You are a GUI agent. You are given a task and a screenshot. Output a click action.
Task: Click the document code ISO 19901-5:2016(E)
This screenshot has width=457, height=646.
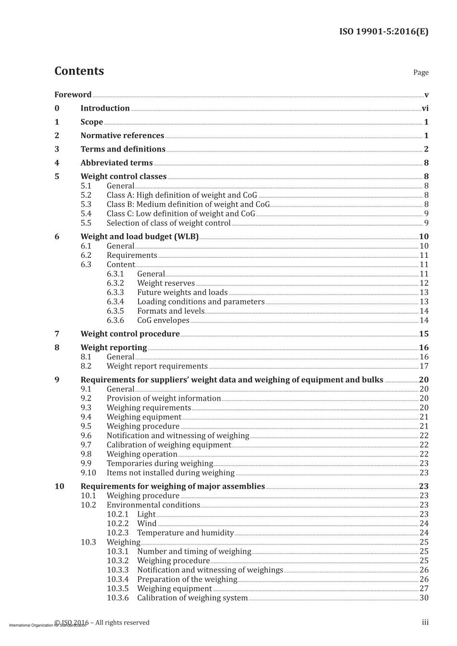coord(383,32)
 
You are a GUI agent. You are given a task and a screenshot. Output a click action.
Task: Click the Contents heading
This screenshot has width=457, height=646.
coord(79,71)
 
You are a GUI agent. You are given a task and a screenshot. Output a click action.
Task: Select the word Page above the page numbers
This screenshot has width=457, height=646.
coord(420,72)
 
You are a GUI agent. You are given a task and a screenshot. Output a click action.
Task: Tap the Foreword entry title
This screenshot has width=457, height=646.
coord(73,95)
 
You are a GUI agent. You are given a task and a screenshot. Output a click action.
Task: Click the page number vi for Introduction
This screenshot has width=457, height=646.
coord(425,108)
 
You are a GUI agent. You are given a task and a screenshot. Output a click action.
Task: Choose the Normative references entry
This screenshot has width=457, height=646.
coord(122,136)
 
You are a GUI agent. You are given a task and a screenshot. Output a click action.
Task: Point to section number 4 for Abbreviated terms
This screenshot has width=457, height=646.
coord(57,163)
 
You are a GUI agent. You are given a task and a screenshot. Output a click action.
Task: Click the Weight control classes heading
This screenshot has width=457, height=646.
coord(123,177)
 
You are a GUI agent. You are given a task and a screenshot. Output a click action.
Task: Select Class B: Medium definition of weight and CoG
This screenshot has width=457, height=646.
coord(188,204)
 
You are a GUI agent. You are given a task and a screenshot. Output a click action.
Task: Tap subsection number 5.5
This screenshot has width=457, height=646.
coord(86,223)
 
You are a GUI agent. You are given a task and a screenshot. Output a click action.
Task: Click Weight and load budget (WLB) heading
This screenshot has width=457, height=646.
coord(139,237)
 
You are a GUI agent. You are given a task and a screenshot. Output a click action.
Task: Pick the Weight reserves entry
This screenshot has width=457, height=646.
coord(165,283)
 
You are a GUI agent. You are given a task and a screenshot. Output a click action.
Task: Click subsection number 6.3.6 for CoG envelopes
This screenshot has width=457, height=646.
coord(115,320)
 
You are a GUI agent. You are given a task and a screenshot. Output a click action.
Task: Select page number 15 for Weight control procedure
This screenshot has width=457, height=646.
coord(423,334)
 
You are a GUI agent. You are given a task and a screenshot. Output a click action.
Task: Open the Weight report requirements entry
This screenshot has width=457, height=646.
coord(157,366)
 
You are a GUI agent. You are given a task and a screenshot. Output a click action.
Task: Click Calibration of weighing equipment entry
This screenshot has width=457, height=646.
coord(168,445)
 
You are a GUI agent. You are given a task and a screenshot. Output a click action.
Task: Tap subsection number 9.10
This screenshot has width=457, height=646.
coord(88,473)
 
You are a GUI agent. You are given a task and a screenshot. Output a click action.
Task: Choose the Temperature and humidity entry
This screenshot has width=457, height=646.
coord(185,533)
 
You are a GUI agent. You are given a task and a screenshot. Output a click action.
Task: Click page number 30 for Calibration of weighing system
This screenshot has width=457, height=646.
coord(423,598)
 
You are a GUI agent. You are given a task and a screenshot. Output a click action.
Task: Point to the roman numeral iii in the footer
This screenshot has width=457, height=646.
coord(425,622)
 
